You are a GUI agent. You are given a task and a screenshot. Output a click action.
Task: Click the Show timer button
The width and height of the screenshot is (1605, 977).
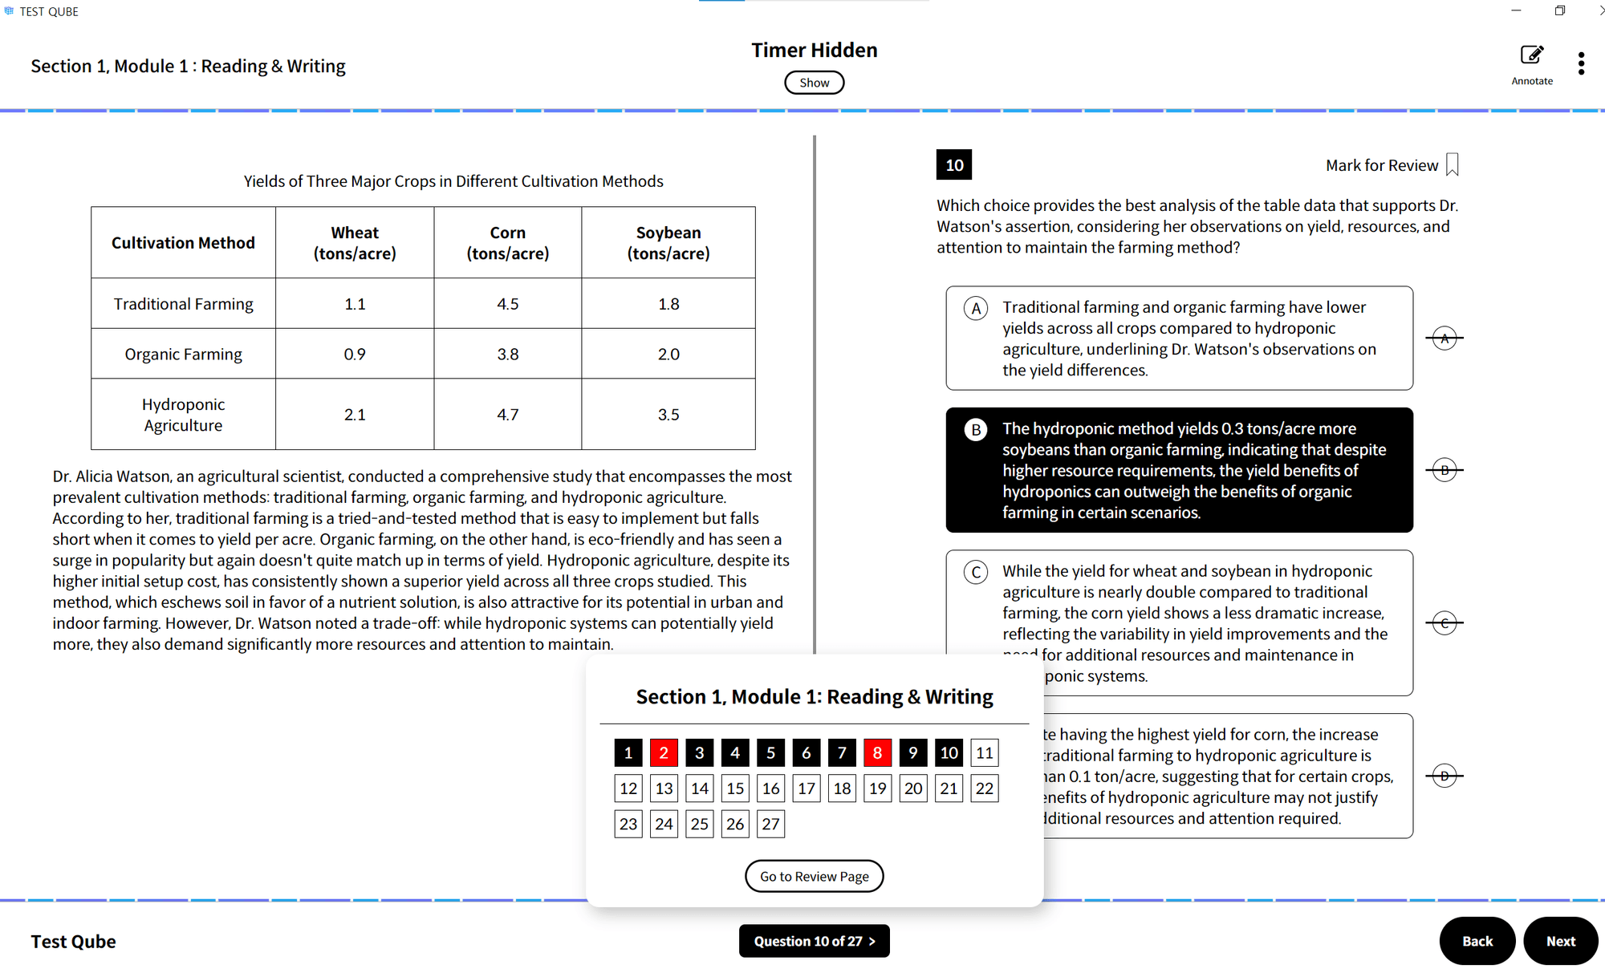(x=814, y=83)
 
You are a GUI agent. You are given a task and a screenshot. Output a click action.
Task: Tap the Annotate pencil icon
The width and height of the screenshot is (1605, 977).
(x=1531, y=55)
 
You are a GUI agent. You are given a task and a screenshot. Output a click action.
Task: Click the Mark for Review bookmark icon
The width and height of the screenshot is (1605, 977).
(x=1452, y=164)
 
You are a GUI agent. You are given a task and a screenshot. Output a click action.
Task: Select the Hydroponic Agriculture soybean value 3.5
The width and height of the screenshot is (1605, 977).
(x=668, y=415)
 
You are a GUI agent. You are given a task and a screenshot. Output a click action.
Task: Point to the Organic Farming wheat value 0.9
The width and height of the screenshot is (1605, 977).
(x=355, y=354)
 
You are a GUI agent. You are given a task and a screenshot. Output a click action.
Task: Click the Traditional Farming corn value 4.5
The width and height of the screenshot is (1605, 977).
(x=508, y=304)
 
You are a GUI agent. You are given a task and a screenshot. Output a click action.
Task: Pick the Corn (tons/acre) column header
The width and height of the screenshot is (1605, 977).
(x=508, y=243)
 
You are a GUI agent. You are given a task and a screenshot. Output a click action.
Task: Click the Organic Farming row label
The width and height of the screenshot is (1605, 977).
(x=183, y=354)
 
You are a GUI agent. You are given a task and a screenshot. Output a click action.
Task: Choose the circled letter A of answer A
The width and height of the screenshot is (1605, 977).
(x=976, y=309)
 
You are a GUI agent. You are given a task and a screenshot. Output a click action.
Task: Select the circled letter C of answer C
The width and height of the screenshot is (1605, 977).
(x=976, y=573)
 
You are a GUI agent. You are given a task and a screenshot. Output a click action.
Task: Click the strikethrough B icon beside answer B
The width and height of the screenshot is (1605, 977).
(x=1444, y=470)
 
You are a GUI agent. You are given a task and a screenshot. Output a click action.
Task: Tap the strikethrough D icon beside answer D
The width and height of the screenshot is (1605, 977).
(x=1444, y=776)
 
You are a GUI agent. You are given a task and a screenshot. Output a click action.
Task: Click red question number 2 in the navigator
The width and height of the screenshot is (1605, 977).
(x=664, y=752)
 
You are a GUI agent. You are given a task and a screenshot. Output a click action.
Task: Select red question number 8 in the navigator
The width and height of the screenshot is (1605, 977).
(x=877, y=752)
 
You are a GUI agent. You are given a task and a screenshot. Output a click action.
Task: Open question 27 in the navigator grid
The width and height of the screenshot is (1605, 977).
(x=770, y=824)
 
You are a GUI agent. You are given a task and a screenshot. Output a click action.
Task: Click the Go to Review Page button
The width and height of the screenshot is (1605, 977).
(x=814, y=876)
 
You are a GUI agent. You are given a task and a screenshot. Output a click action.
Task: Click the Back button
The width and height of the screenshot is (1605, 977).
(x=1477, y=941)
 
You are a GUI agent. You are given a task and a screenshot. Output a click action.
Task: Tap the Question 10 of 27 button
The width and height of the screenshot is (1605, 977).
(x=814, y=941)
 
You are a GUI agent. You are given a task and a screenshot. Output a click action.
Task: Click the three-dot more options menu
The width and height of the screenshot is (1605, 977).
(x=1581, y=63)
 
